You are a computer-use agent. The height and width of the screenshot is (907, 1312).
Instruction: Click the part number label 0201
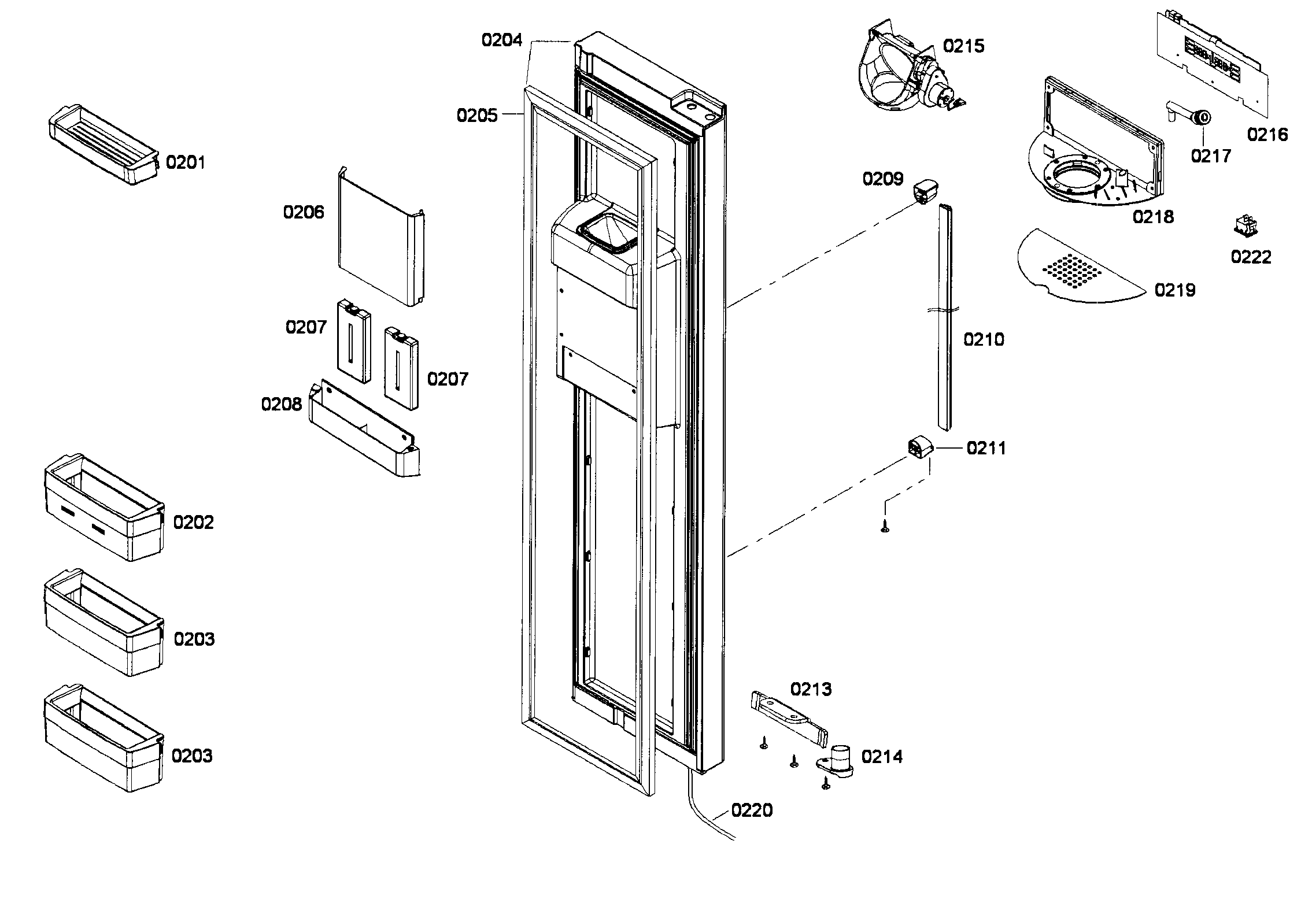[x=185, y=162]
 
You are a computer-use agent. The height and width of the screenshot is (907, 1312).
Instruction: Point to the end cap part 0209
[x=925, y=192]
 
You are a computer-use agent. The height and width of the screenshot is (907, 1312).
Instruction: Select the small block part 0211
[x=917, y=447]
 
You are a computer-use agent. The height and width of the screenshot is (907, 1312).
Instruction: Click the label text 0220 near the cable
[x=751, y=810]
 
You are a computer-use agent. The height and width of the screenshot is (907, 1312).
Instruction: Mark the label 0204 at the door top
[x=502, y=40]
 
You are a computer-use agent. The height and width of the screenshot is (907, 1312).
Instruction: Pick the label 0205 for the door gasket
[x=476, y=116]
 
